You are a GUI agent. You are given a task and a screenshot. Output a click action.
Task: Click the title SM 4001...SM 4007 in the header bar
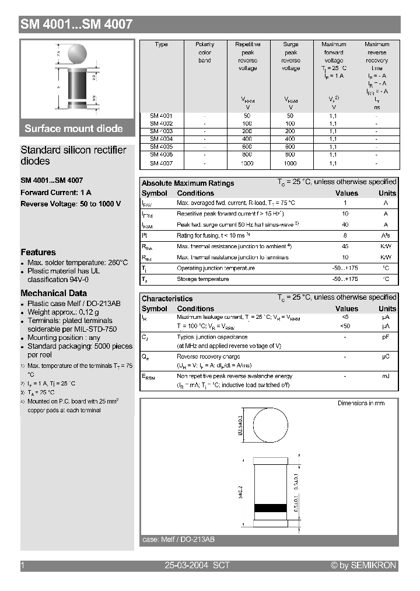coord(76,25)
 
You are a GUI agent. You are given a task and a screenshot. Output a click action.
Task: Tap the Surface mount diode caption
coord(73,128)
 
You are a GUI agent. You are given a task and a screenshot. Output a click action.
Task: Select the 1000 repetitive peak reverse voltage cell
coord(247,164)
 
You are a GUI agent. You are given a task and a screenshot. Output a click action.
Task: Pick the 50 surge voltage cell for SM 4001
coord(290,116)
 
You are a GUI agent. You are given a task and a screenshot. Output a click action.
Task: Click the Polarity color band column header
coord(205,53)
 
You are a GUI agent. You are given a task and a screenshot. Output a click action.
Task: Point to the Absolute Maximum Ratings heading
coord(188,183)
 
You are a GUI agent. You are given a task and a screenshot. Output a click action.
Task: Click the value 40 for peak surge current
coord(345,225)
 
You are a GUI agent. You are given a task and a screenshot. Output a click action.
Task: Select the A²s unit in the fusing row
coord(386,235)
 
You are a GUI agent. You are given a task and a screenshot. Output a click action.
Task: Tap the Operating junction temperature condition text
coord(216,268)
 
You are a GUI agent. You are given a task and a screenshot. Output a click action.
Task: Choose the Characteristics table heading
coord(167,298)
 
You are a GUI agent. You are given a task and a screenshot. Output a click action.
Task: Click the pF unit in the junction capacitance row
coord(386,337)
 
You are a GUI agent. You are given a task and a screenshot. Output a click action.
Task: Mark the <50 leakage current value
coord(345,326)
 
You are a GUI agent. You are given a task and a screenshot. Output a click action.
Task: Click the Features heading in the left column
coord(38,252)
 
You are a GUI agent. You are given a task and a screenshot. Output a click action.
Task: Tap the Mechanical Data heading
coord(54,293)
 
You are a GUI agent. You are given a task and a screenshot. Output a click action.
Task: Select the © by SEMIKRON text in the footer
coord(363,565)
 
